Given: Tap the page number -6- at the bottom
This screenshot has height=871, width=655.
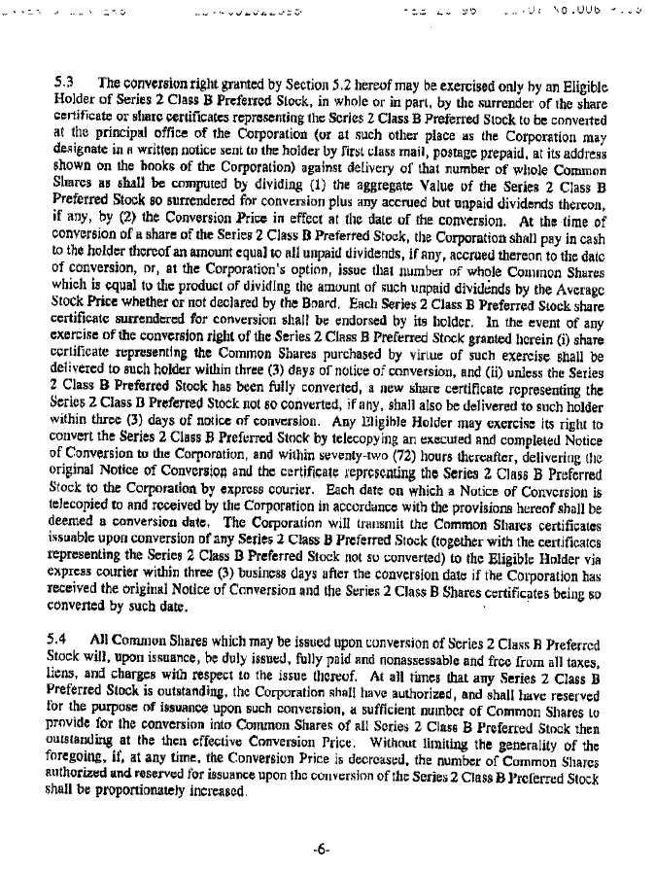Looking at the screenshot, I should [x=327, y=848].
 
